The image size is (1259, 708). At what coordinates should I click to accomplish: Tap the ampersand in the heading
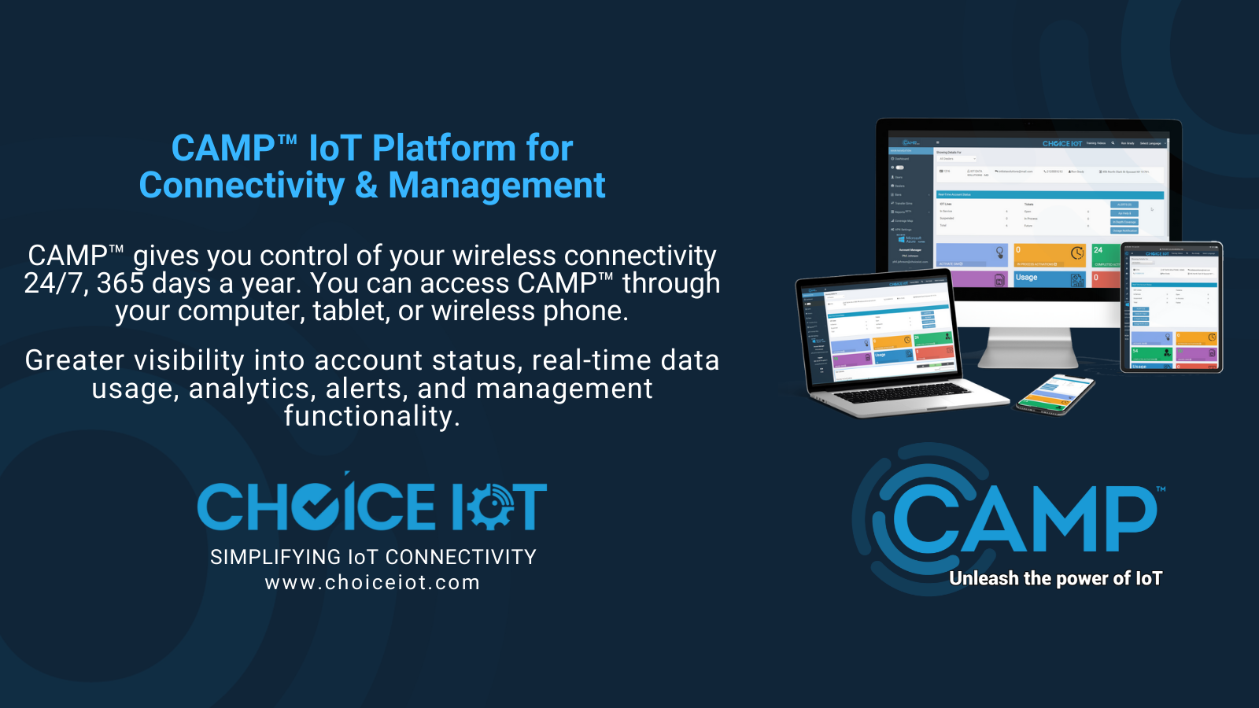366,186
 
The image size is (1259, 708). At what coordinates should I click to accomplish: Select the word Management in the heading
497,186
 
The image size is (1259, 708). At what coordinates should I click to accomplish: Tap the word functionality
371,416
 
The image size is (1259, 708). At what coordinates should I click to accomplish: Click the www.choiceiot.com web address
372,583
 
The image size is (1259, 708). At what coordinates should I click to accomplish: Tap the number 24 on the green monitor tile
1098,250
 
